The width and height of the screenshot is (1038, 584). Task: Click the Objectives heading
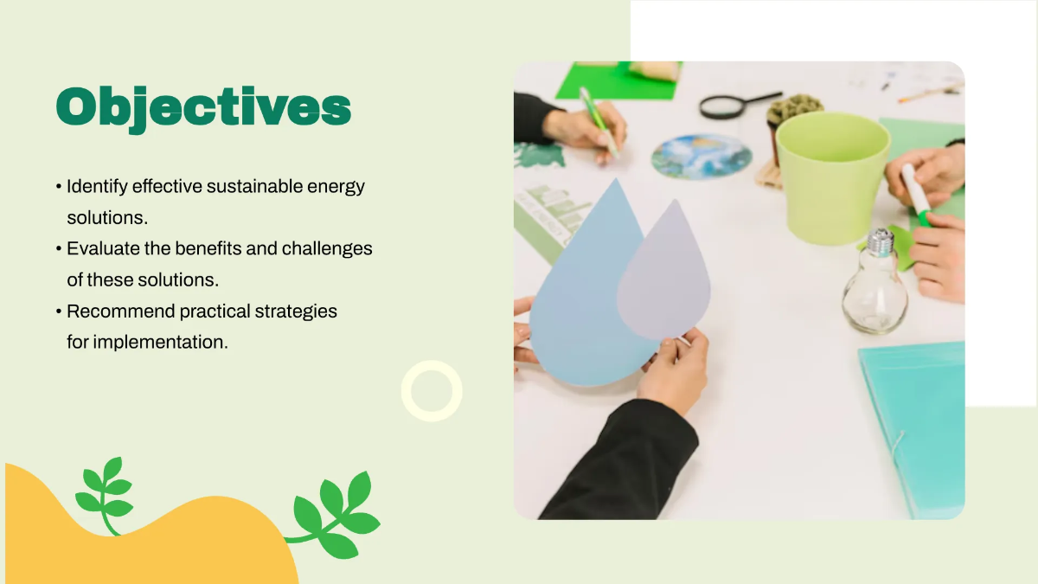pyautogui.click(x=203, y=108)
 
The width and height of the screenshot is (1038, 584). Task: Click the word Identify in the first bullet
pyautogui.click(x=93, y=186)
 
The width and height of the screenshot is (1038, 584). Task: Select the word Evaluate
pyautogui.click(x=101, y=248)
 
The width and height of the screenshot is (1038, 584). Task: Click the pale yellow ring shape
pyautogui.click(x=432, y=391)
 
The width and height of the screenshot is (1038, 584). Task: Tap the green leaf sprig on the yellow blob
pyautogui.click(x=105, y=493)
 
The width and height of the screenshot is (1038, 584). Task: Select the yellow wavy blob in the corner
pyautogui.click(x=173, y=536)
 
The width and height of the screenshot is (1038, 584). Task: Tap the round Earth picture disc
pyautogui.click(x=702, y=157)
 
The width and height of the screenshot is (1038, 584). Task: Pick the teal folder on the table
pyautogui.click(x=917, y=424)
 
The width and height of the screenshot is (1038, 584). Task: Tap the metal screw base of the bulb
pyautogui.click(x=880, y=241)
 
